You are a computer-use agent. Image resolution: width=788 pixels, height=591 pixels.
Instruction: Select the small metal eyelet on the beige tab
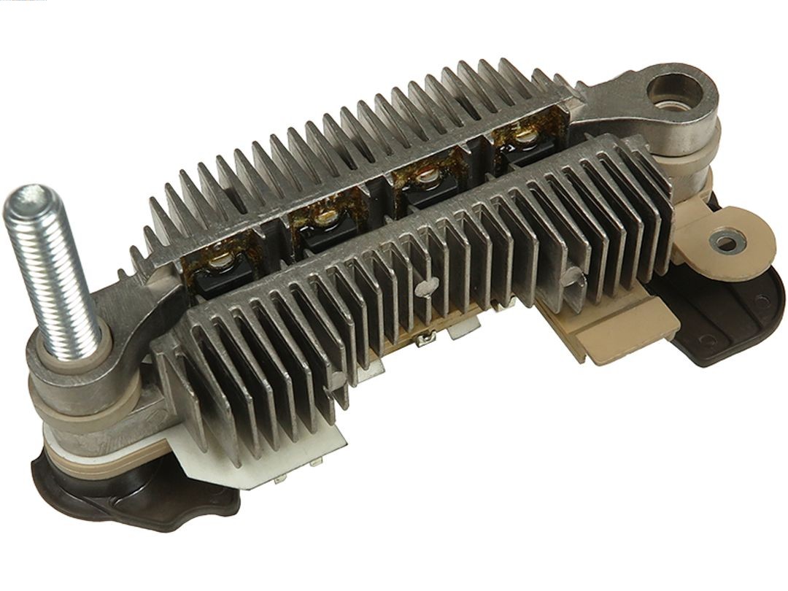[725, 240]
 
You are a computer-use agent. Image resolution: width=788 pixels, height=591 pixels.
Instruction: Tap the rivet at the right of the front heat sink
[574, 274]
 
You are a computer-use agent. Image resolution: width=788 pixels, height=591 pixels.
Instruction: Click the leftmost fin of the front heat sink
[175, 379]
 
